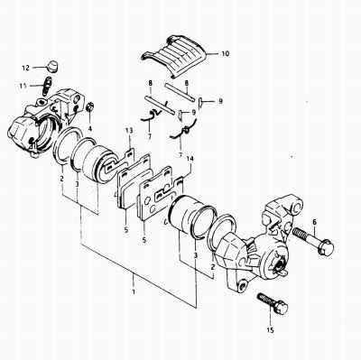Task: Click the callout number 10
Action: (225, 54)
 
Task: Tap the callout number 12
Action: (26, 68)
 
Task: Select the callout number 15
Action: (270, 330)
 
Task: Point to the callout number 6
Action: (314, 222)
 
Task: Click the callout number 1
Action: (134, 291)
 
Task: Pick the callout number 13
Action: (129, 131)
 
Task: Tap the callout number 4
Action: (89, 130)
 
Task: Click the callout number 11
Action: (23, 86)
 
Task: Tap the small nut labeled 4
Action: (90, 107)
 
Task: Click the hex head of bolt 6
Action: (326, 247)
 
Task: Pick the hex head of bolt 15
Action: (281, 307)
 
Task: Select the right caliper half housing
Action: (265, 245)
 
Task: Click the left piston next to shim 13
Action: (97, 165)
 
